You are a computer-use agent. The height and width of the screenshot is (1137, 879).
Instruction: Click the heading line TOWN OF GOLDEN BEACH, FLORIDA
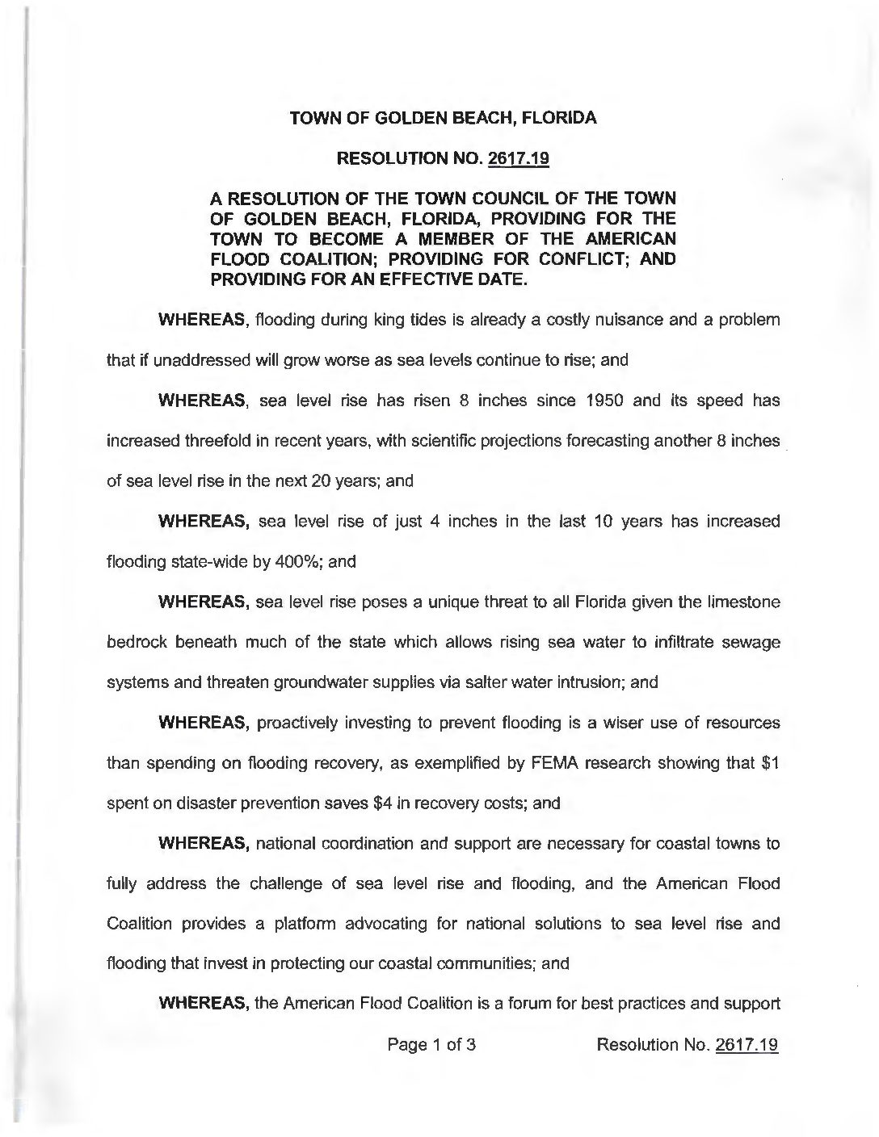coord(443,118)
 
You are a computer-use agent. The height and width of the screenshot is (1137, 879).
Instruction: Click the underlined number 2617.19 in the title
coord(519,158)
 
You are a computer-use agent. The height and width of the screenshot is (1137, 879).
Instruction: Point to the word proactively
coord(298,723)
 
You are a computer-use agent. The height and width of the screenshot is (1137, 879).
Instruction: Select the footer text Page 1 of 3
coord(431,1045)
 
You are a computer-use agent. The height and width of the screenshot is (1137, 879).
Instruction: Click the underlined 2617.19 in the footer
coord(746,1045)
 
